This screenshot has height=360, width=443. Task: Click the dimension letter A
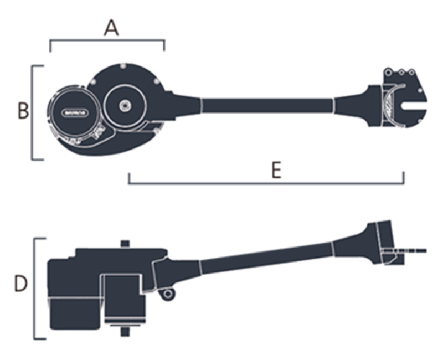point(111,27)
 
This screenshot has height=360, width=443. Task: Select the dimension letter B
point(22,110)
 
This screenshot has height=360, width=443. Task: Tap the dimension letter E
point(276,170)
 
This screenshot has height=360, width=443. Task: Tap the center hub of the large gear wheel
point(125,105)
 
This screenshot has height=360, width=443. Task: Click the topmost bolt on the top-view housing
point(122,67)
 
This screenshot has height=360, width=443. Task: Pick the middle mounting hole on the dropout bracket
point(401,71)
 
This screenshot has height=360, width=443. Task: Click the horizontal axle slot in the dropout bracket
point(413,104)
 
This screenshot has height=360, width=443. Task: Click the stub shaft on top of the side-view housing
point(125,244)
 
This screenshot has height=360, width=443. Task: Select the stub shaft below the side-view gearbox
point(125,332)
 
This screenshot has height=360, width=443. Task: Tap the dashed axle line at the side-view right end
point(416,250)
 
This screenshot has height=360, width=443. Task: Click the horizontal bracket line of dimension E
point(266,183)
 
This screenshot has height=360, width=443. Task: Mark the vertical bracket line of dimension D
point(35,288)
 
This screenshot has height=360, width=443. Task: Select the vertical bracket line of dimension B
point(32,113)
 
